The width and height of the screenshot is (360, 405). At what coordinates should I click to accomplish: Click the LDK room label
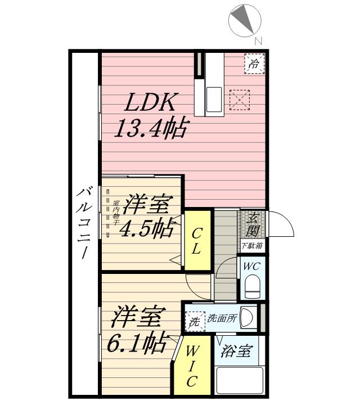(150, 103)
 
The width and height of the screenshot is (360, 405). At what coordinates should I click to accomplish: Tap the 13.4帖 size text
(150, 129)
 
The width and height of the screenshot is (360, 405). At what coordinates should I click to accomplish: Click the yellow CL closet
(196, 241)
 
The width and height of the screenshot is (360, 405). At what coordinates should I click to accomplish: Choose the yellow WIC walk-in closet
(191, 366)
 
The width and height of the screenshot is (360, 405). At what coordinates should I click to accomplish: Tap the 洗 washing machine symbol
(194, 322)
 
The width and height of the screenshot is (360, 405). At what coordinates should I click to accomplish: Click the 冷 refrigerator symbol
(254, 64)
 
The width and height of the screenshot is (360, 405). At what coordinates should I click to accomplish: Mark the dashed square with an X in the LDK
(240, 101)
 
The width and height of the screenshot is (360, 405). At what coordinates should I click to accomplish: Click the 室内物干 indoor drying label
(116, 213)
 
